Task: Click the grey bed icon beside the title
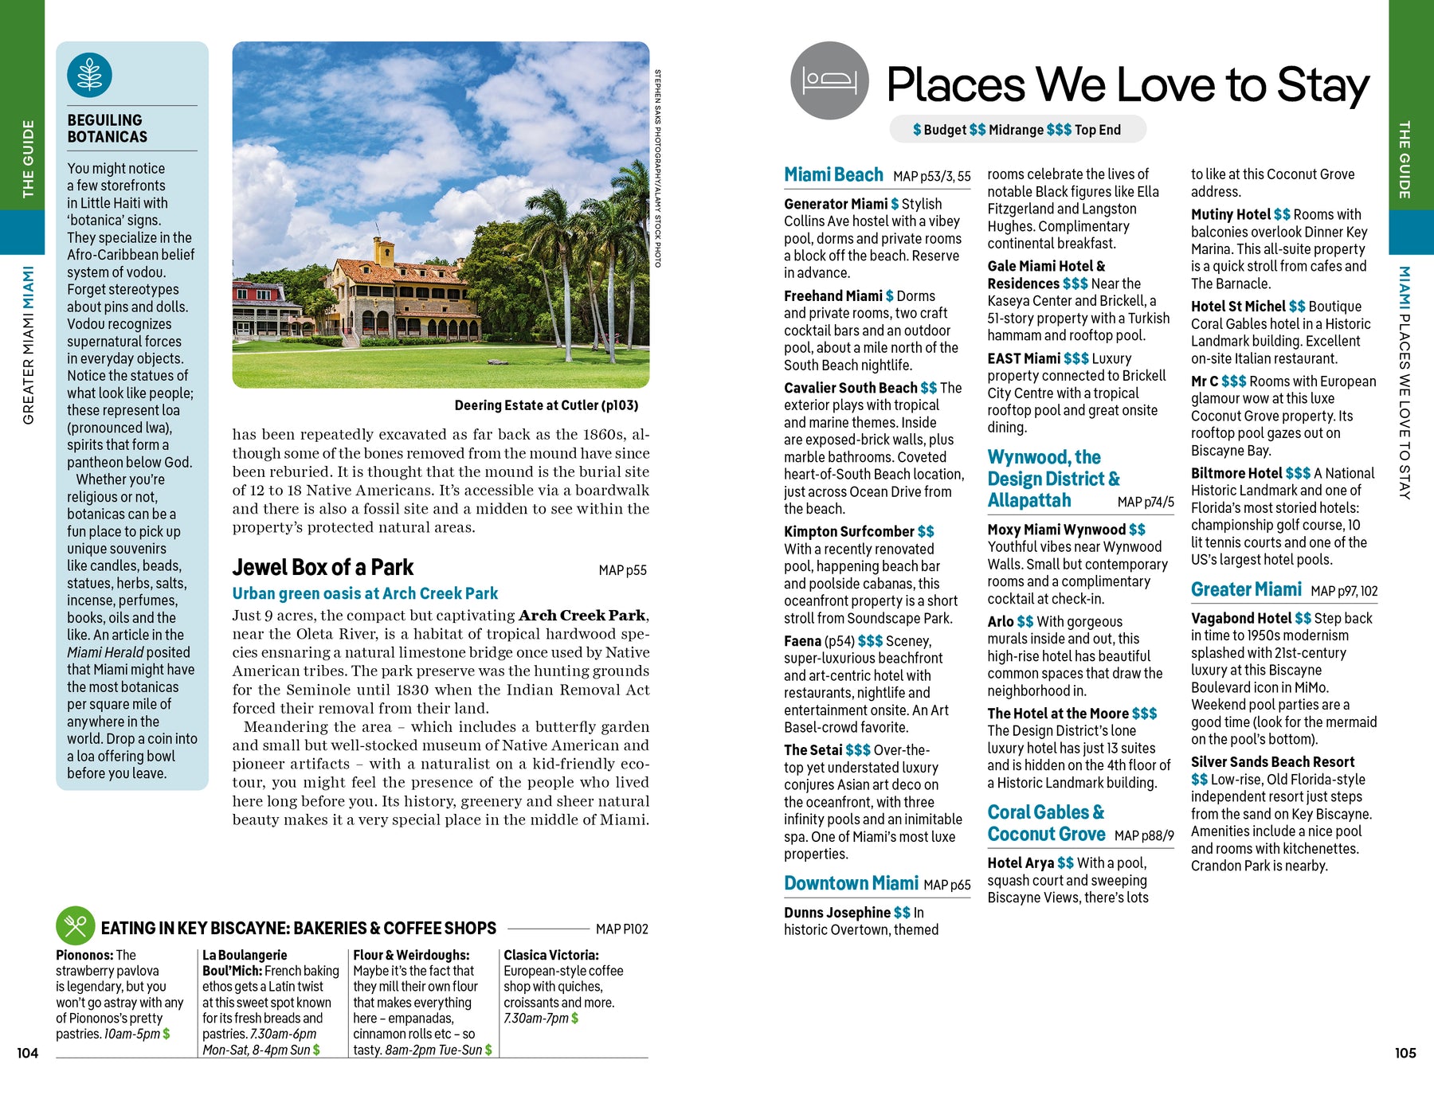829,80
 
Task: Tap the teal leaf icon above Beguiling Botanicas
89,75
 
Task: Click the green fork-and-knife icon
75,926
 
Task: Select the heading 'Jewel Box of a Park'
323,568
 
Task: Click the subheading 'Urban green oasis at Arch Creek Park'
365,593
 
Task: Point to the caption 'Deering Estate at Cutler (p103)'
546,405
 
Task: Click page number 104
27,1053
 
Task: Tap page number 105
1405,1053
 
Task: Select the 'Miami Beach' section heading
833,175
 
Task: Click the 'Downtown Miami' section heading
851,883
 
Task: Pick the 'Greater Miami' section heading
1246,589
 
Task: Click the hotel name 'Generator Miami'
835,204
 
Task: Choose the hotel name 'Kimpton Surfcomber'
848,531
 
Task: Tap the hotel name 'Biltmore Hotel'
1236,473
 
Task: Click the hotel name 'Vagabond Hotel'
1240,618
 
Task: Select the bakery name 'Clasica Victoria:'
550,955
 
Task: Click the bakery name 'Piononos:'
84,955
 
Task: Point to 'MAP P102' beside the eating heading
621,929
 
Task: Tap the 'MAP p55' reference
622,570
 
